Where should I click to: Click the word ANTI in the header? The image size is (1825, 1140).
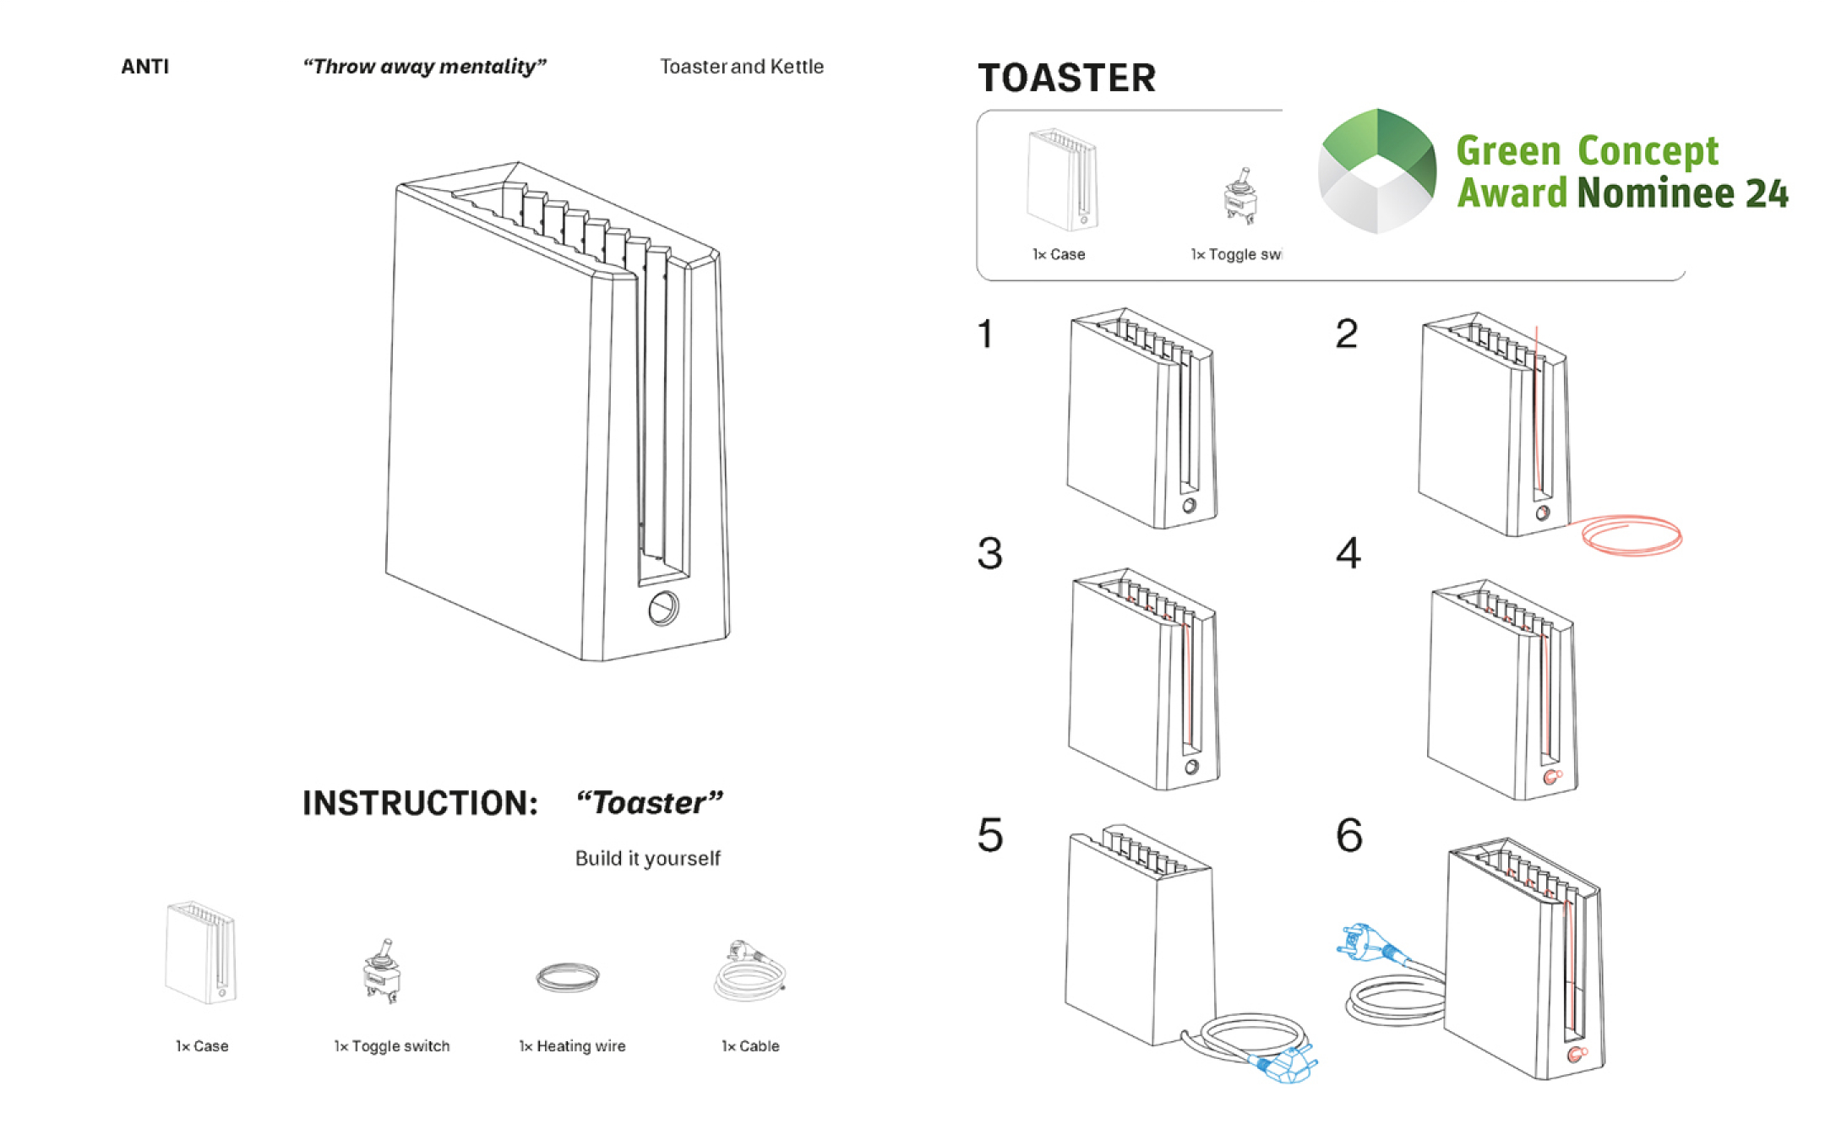[x=144, y=67]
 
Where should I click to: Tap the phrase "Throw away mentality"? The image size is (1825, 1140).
[x=424, y=67]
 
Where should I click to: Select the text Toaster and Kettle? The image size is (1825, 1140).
[x=741, y=67]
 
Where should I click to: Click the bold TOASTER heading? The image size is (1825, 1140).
[x=1066, y=79]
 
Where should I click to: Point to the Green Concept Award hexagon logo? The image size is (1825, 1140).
[x=1377, y=171]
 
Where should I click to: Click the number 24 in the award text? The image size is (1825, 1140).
[x=1767, y=193]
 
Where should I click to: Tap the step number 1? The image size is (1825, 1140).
[x=985, y=334]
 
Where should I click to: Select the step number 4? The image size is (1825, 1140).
[x=1348, y=554]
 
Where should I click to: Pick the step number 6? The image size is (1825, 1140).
[x=1348, y=835]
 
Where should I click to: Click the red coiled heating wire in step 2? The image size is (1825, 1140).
[x=1632, y=535]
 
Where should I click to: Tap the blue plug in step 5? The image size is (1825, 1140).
[x=1287, y=1065]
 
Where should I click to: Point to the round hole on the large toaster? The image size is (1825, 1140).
[x=663, y=608]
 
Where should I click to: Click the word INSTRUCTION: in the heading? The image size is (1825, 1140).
[x=420, y=803]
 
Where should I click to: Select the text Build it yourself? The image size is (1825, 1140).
[x=647, y=859]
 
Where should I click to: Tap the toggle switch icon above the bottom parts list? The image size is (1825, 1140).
[x=382, y=971]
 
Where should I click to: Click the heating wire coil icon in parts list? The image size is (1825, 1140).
[x=568, y=978]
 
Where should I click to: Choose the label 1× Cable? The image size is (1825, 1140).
[x=750, y=1046]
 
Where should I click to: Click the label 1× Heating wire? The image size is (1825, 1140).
[x=572, y=1046]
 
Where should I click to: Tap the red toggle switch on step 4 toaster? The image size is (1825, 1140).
[x=1551, y=777]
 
